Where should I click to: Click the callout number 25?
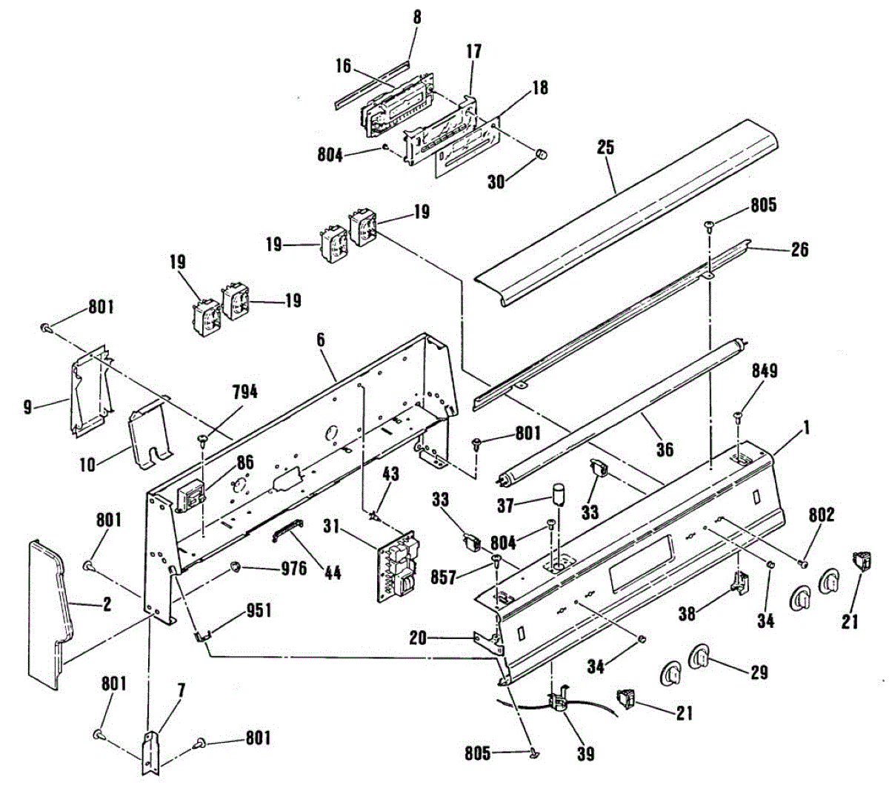(x=605, y=147)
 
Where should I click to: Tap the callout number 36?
(x=665, y=449)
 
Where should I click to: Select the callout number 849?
(x=765, y=371)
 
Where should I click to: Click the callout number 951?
(x=259, y=610)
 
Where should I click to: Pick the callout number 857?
(x=443, y=576)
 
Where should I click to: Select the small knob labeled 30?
(x=542, y=154)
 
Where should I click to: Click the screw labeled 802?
(x=802, y=565)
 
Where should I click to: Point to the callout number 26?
(x=799, y=249)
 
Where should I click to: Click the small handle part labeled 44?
(x=287, y=530)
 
